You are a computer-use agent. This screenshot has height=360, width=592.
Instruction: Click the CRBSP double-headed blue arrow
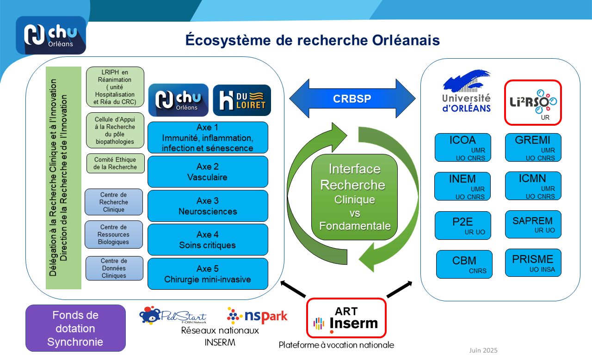(x=352, y=99)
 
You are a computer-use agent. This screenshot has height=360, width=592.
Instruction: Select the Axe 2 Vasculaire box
(x=208, y=171)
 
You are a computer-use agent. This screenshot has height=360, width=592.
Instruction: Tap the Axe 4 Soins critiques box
(x=208, y=239)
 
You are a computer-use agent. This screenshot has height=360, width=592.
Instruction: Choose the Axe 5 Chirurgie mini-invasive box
(x=208, y=274)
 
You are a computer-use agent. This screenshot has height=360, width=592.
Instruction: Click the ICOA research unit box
(x=462, y=147)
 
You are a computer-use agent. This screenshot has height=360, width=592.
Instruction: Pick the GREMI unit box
(x=533, y=147)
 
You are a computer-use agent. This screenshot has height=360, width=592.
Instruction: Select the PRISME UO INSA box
(x=533, y=263)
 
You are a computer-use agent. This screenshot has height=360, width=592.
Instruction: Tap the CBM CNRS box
(x=464, y=264)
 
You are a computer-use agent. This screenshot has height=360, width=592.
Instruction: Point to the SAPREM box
(x=533, y=224)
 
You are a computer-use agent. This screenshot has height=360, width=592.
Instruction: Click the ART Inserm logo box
(x=346, y=318)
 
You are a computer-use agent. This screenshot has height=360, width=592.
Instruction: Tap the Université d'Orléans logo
(x=466, y=92)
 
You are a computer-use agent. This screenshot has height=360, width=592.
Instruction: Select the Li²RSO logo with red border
(x=533, y=103)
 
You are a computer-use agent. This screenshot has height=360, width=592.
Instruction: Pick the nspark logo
(x=257, y=316)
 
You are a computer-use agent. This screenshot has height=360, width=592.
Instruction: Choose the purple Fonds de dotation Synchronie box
(x=75, y=328)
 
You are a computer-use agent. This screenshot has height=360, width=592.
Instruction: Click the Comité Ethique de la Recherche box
(x=115, y=164)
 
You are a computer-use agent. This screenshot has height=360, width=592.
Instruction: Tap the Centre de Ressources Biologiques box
(x=114, y=234)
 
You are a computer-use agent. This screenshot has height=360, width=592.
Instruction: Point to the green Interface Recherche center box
(x=355, y=197)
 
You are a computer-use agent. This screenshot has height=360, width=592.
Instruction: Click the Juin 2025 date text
(x=483, y=350)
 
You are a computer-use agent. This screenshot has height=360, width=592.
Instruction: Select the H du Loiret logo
(x=242, y=100)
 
